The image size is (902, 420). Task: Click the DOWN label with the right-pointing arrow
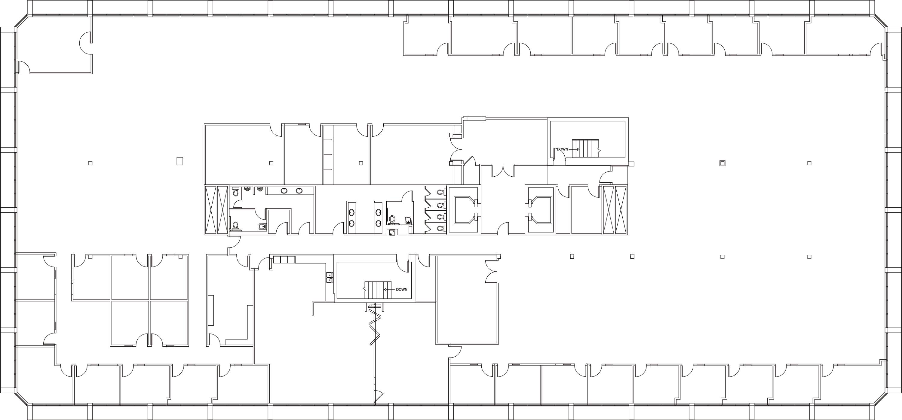pyautogui.click(x=562, y=149)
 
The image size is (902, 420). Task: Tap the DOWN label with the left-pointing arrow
pyautogui.click(x=402, y=289)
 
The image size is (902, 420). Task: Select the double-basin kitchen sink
pyautogui.click(x=329, y=277)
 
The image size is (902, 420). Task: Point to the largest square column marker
pyautogui.click(x=180, y=161)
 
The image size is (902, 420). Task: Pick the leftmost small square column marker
pyautogui.click(x=90, y=163)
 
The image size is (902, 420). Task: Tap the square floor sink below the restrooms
pyautogui.click(x=392, y=233)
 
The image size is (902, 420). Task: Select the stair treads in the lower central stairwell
pyautogui.click(x=377, y=290)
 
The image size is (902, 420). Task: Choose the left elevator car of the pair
pyautogui.click(x=464, y=210)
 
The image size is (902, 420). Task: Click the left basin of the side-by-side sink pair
pyautogui.click(x=284, y=191)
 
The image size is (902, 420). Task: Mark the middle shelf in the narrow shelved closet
pyautogui.click(x=328, y=154)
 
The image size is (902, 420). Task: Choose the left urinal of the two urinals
pyautogui.click(x=247, y=189)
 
